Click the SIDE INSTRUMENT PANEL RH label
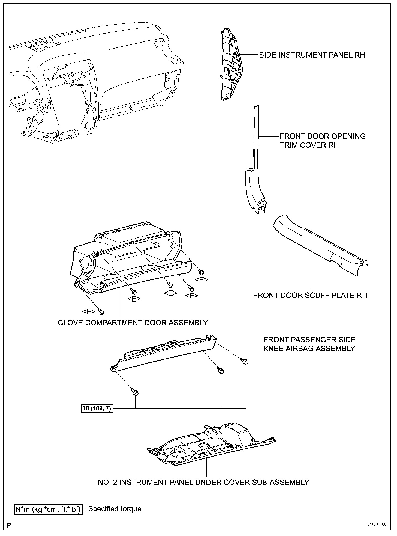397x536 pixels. (312, 55)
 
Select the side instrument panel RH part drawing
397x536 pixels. (230, 65)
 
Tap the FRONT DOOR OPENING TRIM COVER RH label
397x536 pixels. (323, 141)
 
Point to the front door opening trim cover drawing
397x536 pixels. (255, 175)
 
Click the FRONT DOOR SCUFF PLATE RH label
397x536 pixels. (310, 295)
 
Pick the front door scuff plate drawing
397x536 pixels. (319, 246)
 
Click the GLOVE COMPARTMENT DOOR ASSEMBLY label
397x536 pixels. (133, 323)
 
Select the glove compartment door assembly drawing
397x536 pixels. (128, 262)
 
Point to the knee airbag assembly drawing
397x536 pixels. (164, 355)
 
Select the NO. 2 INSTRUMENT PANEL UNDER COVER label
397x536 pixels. (203, 482)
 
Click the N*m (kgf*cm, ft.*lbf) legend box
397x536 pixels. (49, 509)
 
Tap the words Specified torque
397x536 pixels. (115, 509)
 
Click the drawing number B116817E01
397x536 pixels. (377, 524)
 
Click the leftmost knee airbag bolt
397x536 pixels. (135, 392)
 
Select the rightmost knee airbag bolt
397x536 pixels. (245, 361)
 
